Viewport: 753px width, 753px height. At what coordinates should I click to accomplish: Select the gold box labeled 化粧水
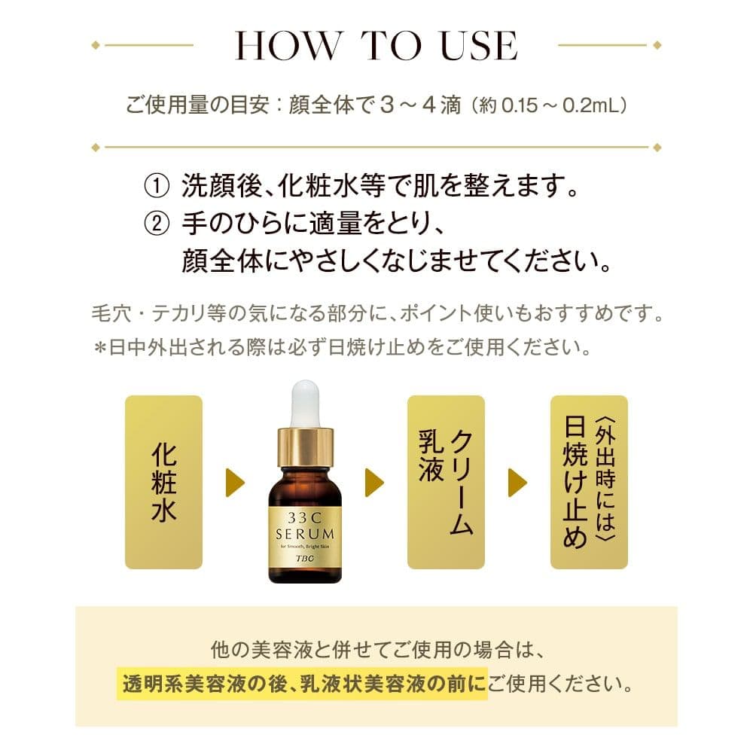pyautogui.click(x=163, y=482)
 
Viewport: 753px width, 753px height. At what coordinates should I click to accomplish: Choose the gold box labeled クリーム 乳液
pyautogui.click(x=446, y=482)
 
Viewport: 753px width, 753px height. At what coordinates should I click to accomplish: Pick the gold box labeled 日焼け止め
pyautogui.click(x=588, y=482)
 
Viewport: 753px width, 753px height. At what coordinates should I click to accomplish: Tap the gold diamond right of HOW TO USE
pyautogui.click(x=658, y=45)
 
